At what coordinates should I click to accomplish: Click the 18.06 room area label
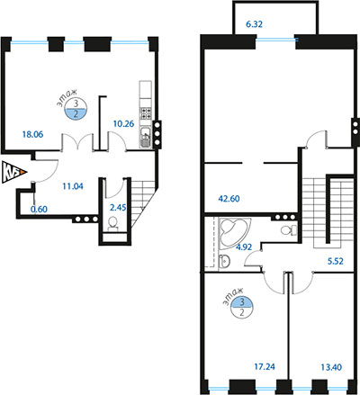click(x=32, y=134)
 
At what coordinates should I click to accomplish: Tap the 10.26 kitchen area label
click(x=123, y=123)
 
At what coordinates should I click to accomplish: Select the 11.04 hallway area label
click(x=73, y=186)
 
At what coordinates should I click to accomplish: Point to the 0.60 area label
click(x=39, y=209)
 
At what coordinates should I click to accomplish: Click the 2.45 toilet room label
click(x=118, y=208)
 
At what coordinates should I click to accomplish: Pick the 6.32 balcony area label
click(x=254, y=24)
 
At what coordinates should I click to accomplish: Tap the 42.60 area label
click(x=229, y=199)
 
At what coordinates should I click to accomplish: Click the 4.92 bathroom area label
click(x=244, y=247)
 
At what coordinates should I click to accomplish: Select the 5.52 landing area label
click(x=335, y=261)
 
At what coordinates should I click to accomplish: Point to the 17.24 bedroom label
click(x=265, y=366)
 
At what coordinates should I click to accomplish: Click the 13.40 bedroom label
click(x=331, y=367)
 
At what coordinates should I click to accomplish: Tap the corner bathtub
click(x=235, y=233)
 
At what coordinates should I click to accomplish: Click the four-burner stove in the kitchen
click(x=146, y=113)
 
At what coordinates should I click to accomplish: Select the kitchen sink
click(x=146, y=137)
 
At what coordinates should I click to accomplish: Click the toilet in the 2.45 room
click(x=112, y=223)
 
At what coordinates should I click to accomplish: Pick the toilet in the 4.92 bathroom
click(x=289, y=230)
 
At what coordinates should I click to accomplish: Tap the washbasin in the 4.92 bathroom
click(x=224, y=261)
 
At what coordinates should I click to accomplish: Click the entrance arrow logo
click(x=14, y=172)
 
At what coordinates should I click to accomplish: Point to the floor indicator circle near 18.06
click(x=76, y=109)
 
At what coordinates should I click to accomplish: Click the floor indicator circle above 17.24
click(x=242, y=308)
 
